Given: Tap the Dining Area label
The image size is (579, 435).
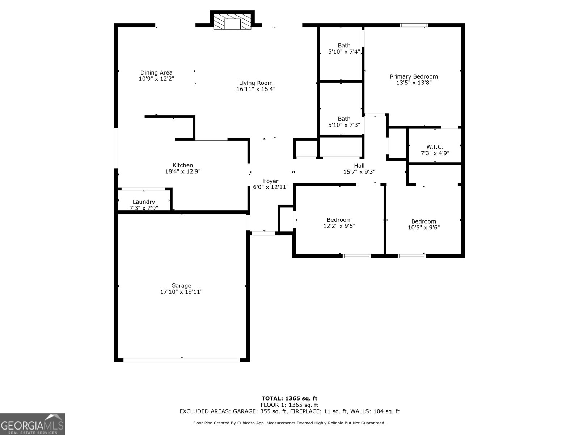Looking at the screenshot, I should (156, 73).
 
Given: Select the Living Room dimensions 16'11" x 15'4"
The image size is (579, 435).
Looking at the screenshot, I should (256, 89).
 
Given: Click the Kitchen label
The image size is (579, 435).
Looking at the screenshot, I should (182, 165).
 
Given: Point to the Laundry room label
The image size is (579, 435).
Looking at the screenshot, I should (144, 202).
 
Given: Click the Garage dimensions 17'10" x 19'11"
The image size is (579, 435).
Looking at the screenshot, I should (181, 292).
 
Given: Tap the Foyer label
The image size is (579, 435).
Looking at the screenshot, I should (270, 181).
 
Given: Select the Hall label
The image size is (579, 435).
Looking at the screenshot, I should (359, 166).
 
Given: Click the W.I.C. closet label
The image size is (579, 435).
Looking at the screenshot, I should (435, 147).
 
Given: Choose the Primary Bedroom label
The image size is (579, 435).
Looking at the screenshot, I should (414, 76).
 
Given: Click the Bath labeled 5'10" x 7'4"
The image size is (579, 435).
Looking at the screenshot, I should (344, 49).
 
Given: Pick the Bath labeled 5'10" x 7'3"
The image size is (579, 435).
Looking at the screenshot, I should (344, 122).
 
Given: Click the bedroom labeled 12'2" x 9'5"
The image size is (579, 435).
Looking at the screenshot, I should (339, 223).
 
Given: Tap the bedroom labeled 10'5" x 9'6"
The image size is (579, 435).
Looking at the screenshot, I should (423, 224).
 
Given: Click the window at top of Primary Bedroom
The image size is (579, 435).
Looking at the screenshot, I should (414, 25).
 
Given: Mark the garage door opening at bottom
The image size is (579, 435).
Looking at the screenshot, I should (182, 360).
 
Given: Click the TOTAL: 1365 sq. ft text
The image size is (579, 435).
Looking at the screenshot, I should (289, 398).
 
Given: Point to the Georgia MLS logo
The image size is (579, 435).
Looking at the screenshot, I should (32, 424).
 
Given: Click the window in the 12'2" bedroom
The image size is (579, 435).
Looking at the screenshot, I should (357, 256).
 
